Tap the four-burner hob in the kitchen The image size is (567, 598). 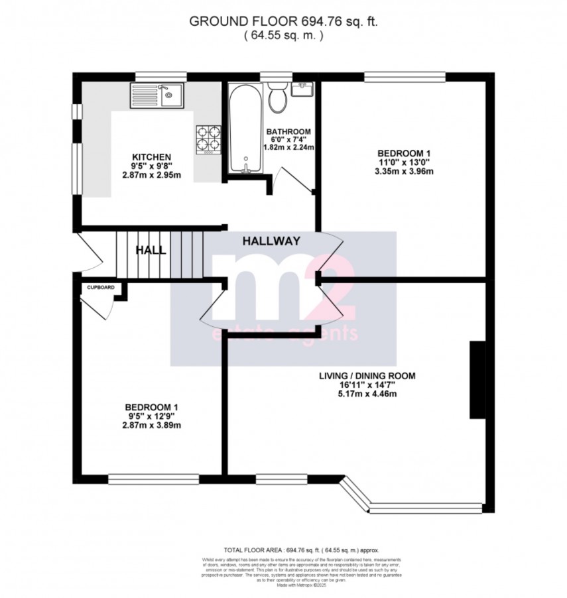(208, 139)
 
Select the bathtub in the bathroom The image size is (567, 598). (245, 129)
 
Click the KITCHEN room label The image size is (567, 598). (152, 156)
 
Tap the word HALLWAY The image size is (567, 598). (271, 241)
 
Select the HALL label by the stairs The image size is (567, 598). (151, 251)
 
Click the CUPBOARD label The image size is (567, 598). (101, 287)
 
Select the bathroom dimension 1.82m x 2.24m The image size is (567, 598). (289, 147)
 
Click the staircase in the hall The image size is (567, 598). (159, 254)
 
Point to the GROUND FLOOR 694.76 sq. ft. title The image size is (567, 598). (283, 21)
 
